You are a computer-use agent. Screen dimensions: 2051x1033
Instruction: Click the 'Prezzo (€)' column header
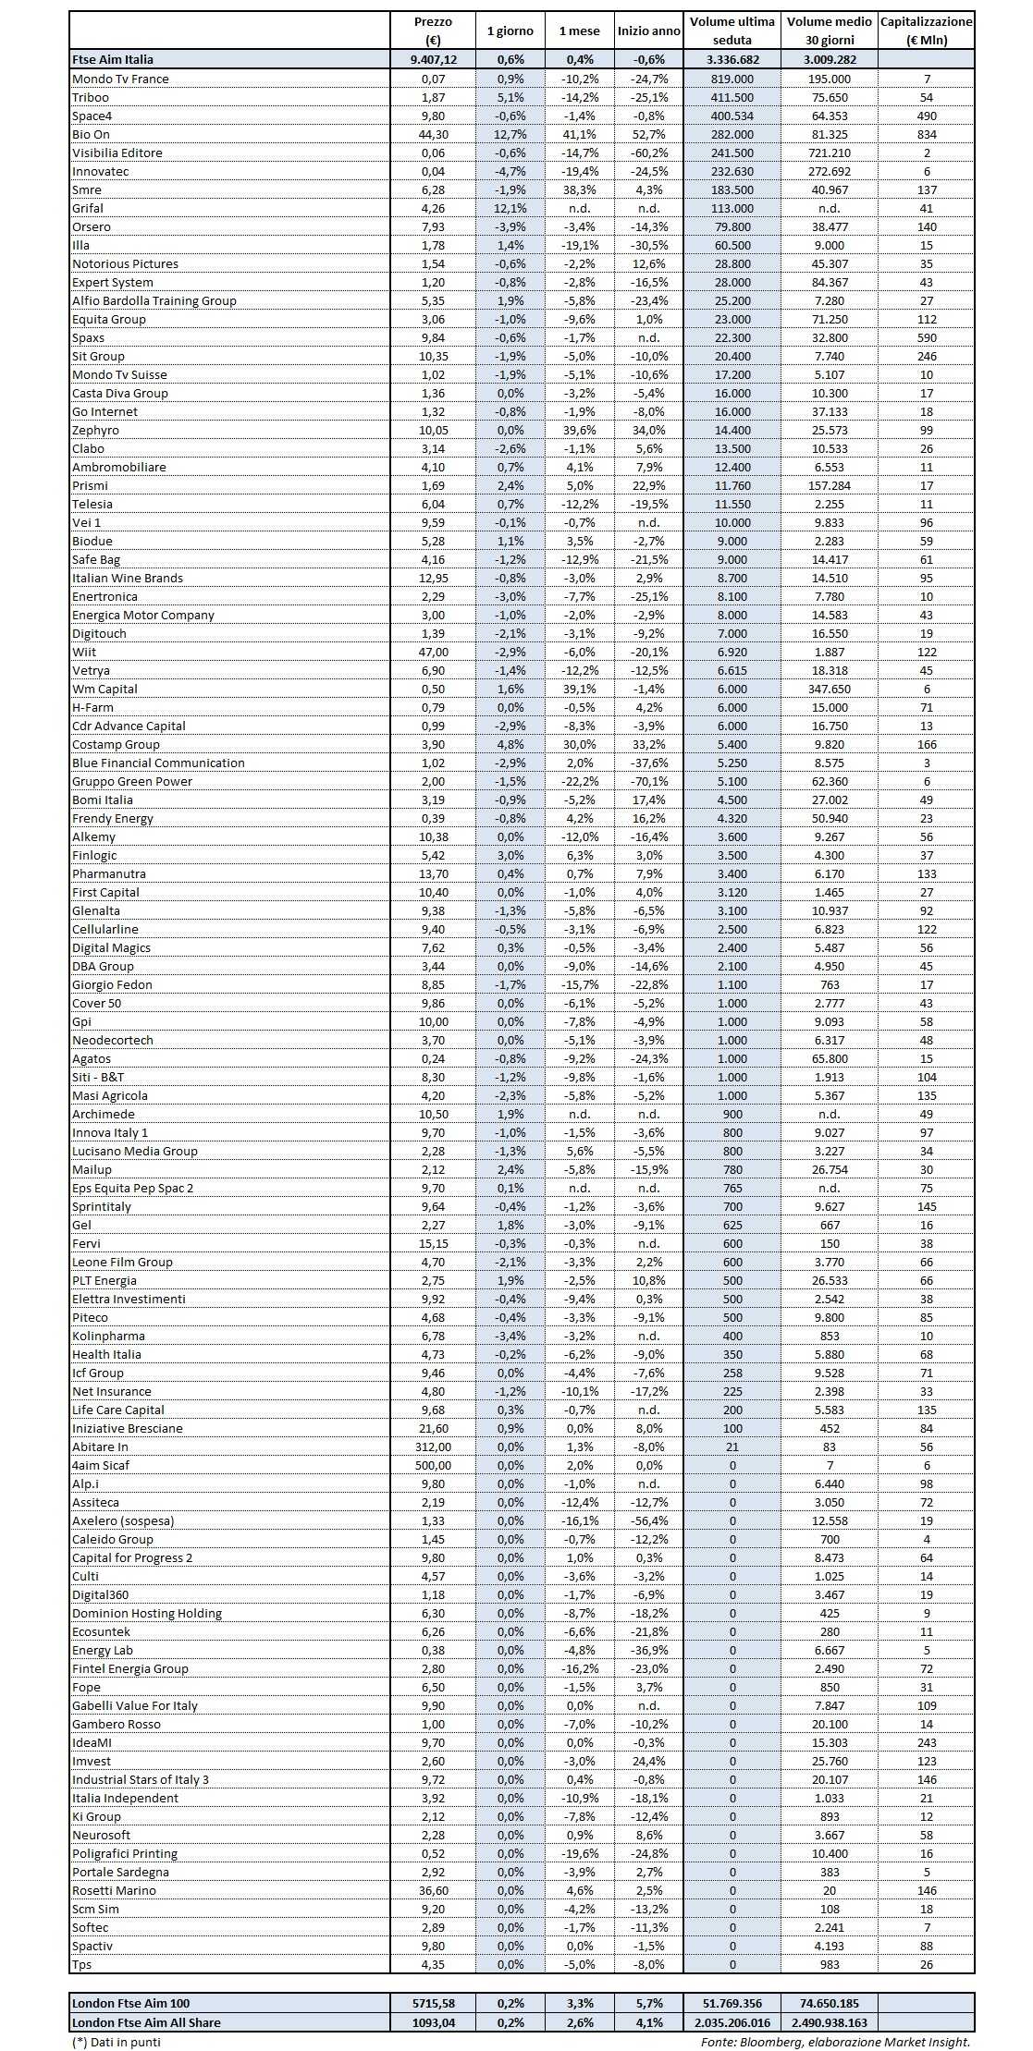click(x=433, y=31)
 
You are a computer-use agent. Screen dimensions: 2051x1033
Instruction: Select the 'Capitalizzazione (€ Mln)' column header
click(x=926, y=31)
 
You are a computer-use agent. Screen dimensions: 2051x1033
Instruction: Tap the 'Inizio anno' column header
click(x=648, y=31)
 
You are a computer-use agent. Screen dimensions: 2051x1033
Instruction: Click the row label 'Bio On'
click(x=92, y=134)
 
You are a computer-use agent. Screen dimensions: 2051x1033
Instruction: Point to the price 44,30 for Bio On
click(x=433, y=134)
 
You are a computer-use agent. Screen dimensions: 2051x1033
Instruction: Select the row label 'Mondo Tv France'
click(x=120, y=79)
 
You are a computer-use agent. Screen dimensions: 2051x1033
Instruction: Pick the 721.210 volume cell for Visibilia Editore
click(x=830, y=153)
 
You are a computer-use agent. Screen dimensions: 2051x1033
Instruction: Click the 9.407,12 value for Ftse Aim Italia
click(x=433, y=59)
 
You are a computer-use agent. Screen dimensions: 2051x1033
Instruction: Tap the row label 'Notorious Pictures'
click(x=126, y=263)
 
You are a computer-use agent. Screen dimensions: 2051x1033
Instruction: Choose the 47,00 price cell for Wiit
click(x=433, y=652)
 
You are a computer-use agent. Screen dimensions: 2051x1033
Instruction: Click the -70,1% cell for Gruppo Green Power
click(x=648, y=781)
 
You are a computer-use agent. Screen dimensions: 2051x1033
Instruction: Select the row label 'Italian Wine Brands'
click(x=128, y=578)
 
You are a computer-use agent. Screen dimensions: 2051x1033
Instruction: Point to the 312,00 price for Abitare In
click(x=433, y=1447)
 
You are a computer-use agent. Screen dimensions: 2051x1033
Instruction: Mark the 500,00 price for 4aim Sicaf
click(x=433, y=1465)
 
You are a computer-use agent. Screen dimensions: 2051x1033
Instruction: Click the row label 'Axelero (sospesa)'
click(x=123, y=1520)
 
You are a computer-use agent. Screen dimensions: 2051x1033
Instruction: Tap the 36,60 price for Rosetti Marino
click(x=433, y=1890)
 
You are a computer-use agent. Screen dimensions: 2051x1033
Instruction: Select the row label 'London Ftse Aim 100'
click(x=130, y=2003)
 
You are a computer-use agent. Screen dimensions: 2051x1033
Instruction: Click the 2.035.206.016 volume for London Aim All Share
click(x=732, y=2021)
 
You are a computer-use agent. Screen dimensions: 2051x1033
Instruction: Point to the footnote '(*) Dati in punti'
click(x=116, y=2042)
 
